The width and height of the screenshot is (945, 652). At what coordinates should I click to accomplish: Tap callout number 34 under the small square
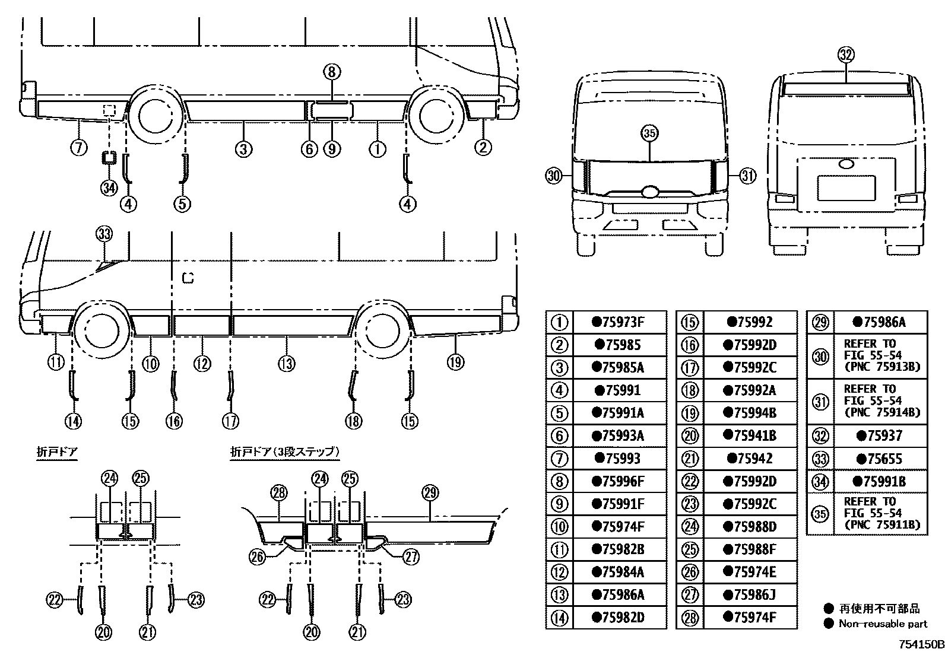point(109,188)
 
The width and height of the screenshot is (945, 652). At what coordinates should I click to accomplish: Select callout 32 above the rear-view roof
point(846,55)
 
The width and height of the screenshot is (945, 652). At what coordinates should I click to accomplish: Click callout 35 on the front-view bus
point(649,133)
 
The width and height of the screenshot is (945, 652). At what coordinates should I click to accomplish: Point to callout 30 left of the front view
point(554,176)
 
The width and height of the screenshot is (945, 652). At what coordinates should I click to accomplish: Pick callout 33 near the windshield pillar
point(104,234)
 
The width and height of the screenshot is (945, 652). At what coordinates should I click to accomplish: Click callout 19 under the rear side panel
point(455,362)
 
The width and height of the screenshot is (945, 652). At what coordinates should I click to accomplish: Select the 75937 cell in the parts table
point(880,436)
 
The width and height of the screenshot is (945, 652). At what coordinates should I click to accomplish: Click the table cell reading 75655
point(880,459)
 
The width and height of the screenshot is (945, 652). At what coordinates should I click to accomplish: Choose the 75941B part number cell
point(750,436)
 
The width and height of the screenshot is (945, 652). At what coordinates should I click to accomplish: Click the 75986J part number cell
point(750,595)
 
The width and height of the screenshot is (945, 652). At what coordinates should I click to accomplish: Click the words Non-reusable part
point(883,624)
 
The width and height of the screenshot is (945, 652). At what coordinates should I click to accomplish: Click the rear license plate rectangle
point(846,188)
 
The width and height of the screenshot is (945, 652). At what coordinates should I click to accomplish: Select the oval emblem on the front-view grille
point(649,191)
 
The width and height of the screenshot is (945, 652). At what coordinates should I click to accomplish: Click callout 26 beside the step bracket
point(258,556)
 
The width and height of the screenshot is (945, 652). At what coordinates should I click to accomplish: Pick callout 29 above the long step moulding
point(430,492)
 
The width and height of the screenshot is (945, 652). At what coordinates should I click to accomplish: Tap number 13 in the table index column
point(559,595)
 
